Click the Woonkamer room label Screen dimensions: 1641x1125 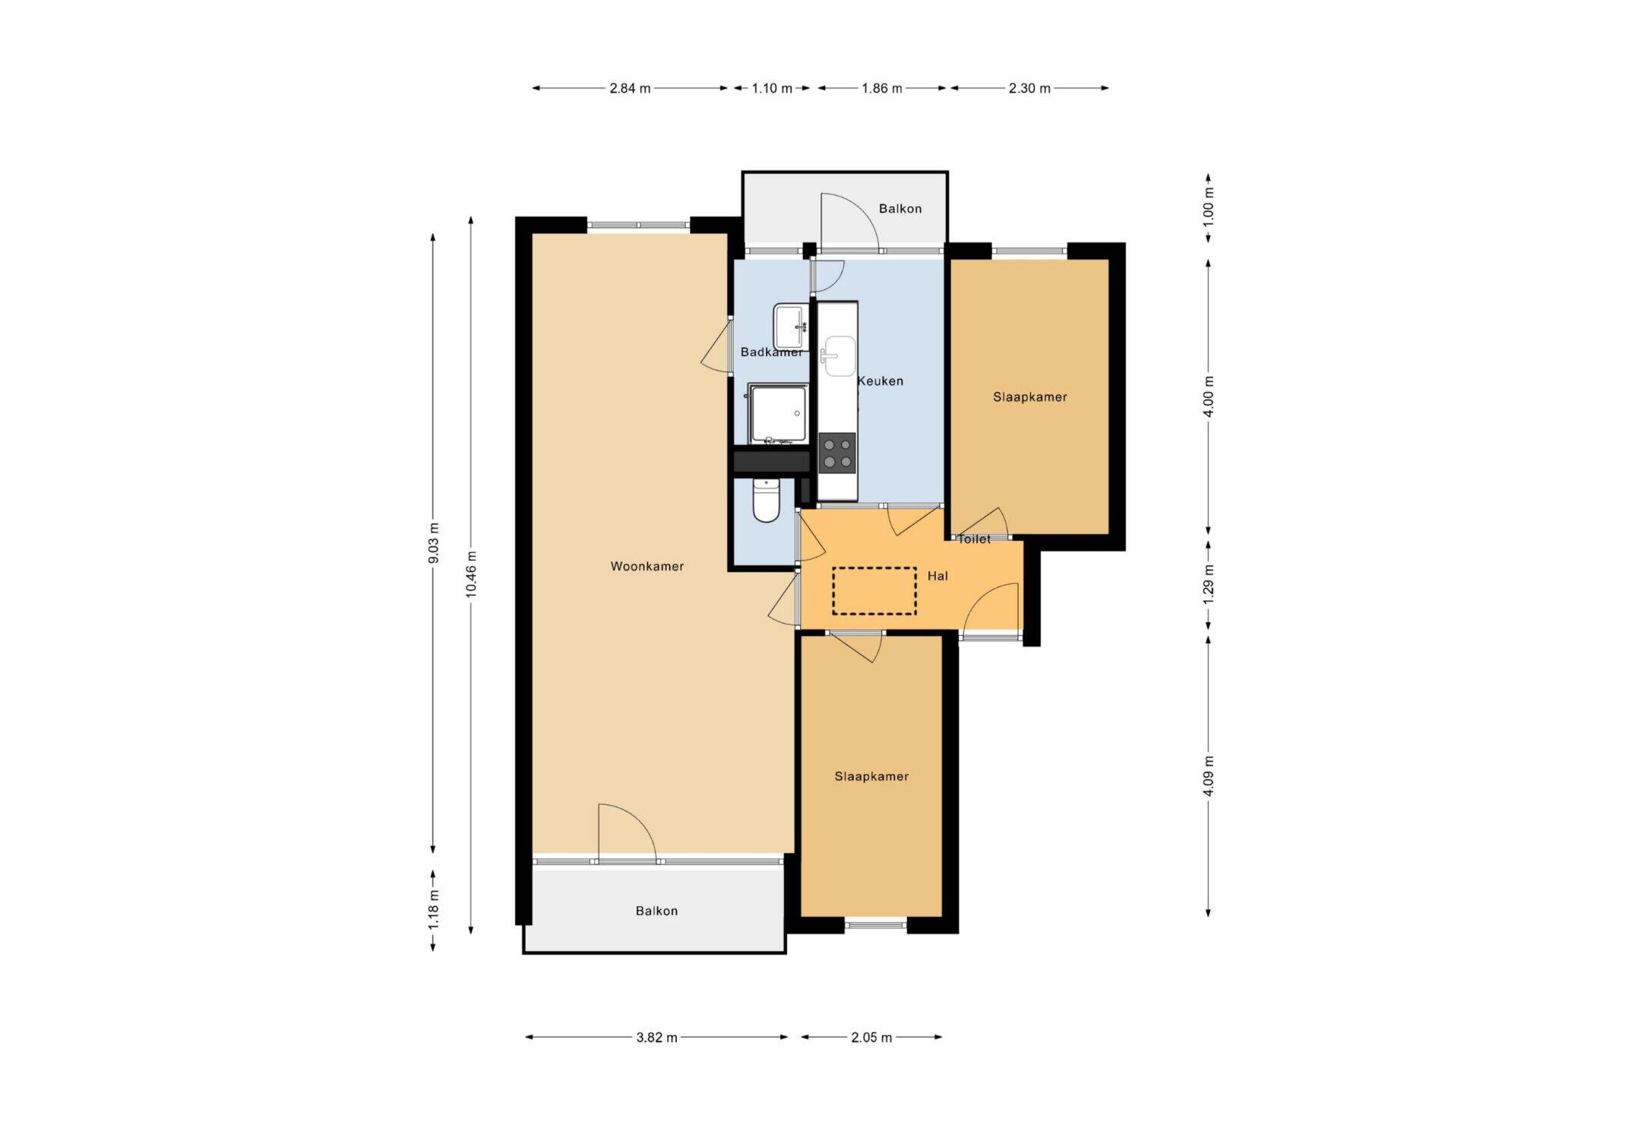(x=647, y=566)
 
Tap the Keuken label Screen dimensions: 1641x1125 (x=881, y=381)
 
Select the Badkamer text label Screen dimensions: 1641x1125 (x=772, y=352)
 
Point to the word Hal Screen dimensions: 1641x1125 (x=937, y=576)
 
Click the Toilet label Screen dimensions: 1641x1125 (x=974, y=539)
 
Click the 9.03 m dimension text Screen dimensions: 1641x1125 (x=433, y=543)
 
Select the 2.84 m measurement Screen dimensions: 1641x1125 (x=630, y=88)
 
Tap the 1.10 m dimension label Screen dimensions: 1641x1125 (x=772, y=88)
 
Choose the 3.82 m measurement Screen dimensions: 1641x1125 (x=656, y=1038)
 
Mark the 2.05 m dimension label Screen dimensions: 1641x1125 (x=871, y=1038)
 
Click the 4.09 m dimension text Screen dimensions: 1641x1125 (x=1209, y=776)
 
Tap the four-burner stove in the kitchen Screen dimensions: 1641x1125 (x=837, y=453)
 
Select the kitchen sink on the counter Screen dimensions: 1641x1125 (x=839, y=356)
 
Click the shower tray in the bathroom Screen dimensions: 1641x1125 (x=777, y=413)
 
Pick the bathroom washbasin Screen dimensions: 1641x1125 (x=791, y=326)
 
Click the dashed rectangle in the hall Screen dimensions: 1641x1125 (x=874, y=591)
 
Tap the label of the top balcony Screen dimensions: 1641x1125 (x=900, y=209)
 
